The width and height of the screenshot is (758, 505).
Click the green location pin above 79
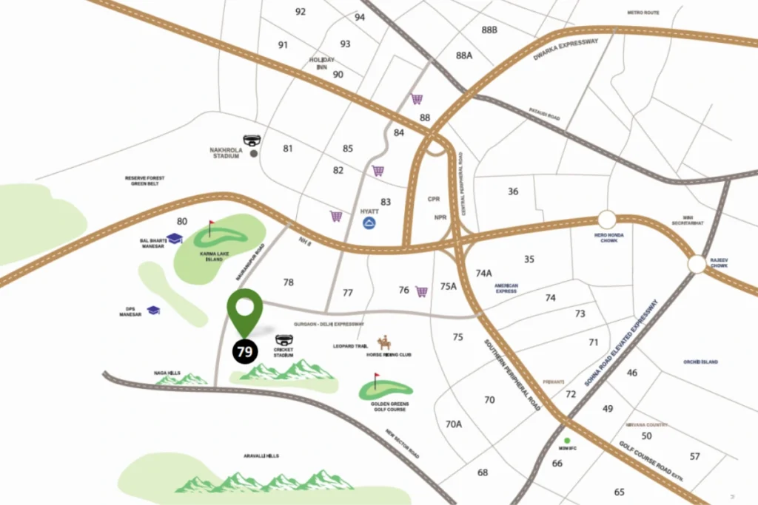click(x=245, y=311)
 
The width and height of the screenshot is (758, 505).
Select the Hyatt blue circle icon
click(x=369, y=223)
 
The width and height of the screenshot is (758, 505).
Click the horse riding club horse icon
click(x=383, y=342)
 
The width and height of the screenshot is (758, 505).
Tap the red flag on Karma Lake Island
click(x=212, y=226)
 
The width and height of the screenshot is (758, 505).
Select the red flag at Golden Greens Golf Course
click(x=375, y=379)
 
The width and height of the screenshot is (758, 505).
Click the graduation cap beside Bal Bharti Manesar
click(x=175, y=238)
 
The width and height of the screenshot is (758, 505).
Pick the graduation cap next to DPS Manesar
click(x=153, y=311)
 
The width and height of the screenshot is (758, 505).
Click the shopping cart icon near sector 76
click(x=422, y=291)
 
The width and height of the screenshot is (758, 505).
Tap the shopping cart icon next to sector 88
click(x=417, y=99)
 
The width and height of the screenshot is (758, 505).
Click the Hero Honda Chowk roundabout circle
click(x=607, y=220)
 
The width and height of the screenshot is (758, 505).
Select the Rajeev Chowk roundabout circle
click(x=696, y=264)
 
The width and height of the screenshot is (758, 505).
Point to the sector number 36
click(x=513, y=192)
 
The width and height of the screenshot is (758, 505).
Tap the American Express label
click(x=507, y=288)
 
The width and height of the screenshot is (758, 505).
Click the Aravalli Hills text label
click(x=260, y=456)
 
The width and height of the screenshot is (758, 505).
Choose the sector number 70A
click(x=454, y=424)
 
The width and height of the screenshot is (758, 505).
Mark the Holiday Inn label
click(x=322, y=63)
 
